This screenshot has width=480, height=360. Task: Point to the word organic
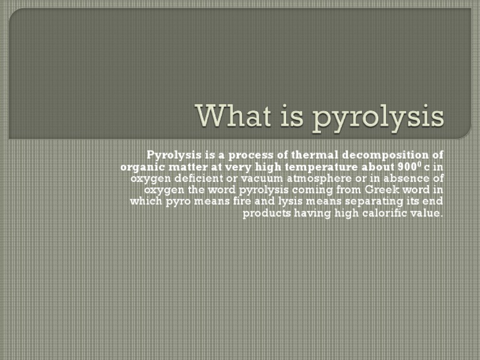(x=142, y=167)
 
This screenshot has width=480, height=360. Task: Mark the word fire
(x=242, y=202)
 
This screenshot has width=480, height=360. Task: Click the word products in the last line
(x=265, y=213)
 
